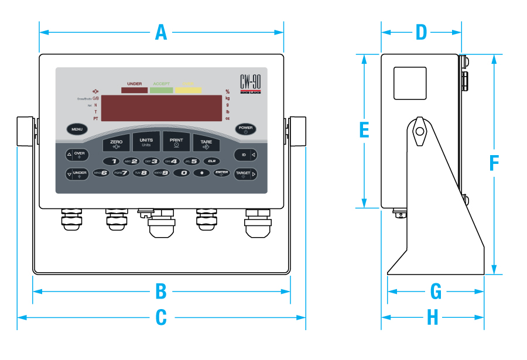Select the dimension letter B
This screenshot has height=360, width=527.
161,290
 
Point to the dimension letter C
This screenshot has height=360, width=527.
161,318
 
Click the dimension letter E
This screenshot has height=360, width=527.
364,131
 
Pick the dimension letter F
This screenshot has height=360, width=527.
494,163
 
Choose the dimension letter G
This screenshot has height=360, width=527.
436,290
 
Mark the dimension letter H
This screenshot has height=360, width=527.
432,318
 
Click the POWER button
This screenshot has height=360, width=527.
245,129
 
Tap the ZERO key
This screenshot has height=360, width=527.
116,143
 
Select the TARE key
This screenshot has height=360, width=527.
206,143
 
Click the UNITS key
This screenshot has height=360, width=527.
146,142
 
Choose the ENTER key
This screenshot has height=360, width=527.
221,173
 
